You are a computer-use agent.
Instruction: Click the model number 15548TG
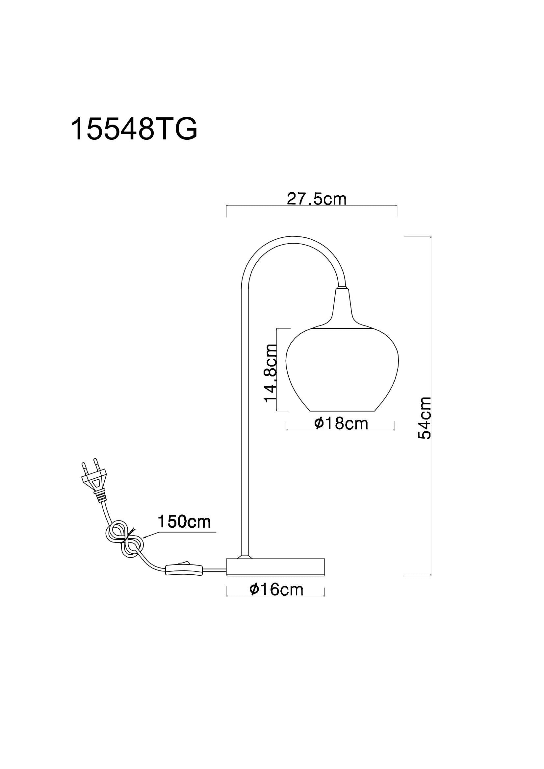click(x=134, y=129)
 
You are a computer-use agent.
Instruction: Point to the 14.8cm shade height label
click(x=271, y=373)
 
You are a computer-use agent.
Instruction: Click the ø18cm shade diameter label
click(x=341, y=423)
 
